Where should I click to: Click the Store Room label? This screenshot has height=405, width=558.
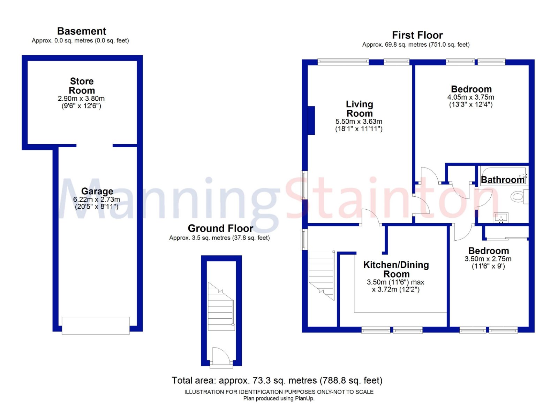pos(82,86)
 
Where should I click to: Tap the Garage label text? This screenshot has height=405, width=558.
pos(97,191)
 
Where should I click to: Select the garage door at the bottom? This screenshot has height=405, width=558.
pos(96,326)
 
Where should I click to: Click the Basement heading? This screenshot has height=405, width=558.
pos(82,31)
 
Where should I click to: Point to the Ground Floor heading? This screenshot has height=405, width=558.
pos(220,228)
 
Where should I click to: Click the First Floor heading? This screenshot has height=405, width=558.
pos(417,35)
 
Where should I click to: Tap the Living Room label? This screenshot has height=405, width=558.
pos(359,109)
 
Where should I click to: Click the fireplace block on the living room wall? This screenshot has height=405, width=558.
pos(311,120)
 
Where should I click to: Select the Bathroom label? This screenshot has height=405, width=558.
pos(503,180)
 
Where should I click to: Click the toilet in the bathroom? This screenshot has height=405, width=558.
pos(519,197)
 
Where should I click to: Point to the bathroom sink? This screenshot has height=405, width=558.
pos(501,218)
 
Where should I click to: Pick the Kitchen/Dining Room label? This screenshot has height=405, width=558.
pos(396,269)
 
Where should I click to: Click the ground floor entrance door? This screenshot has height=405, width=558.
pos(221,357)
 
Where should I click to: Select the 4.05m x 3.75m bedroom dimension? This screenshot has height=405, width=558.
pos(470,98)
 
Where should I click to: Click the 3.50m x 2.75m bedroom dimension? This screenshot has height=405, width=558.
pos(488,259)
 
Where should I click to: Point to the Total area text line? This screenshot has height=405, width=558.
pos(277,380)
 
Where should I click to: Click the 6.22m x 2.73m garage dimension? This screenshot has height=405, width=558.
pos(97,200)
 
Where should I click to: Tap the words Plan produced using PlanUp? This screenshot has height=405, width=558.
pos(279,398)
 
